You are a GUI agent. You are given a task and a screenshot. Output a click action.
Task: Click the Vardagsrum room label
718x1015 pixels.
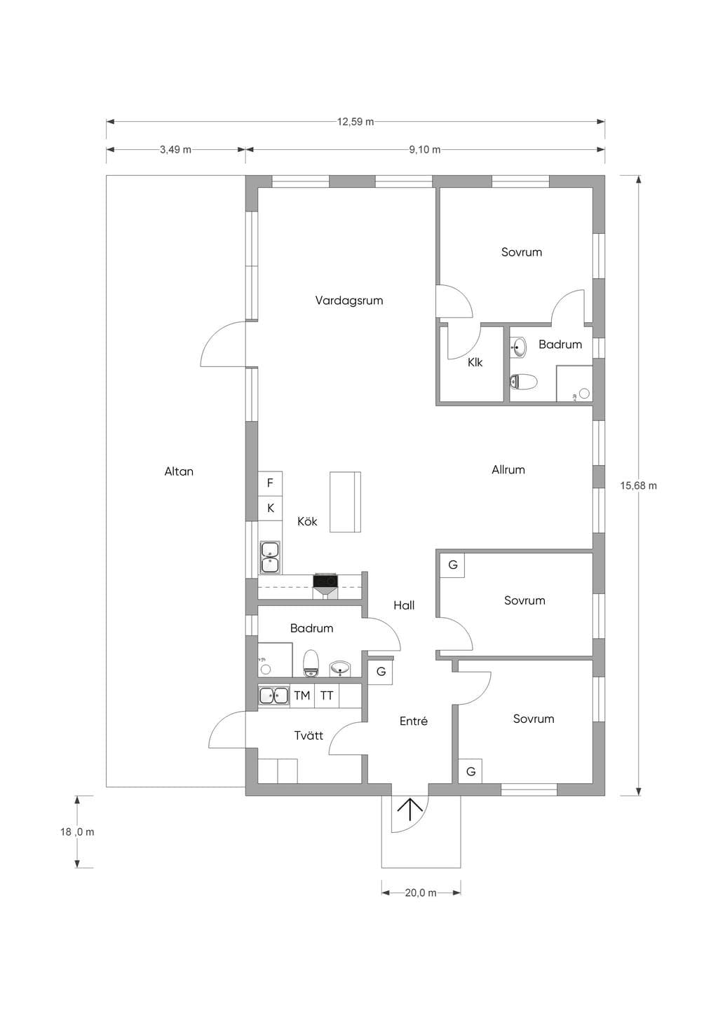(x=348, y=301)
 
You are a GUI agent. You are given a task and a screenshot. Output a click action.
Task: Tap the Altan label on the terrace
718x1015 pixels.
(x=179, y=471)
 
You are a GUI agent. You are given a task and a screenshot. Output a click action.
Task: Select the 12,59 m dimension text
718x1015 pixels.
(x=355, y=122)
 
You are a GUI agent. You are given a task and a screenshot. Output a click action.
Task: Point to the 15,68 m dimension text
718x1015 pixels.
(x=639, y=485)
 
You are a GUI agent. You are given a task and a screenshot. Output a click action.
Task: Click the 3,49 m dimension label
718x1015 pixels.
(x=175, y=150)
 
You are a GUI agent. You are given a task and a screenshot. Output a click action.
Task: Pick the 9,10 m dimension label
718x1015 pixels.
(x=424, y=150)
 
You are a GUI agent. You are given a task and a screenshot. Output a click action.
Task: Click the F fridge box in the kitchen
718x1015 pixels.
(x=271, y=483)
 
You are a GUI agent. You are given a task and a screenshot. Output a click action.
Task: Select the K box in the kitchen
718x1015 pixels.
(x=271, y=509)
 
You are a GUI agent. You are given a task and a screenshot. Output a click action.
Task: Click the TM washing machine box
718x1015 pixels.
(x=302, y=696)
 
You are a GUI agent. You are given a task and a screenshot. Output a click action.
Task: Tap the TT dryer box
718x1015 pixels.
(x=327, y=696)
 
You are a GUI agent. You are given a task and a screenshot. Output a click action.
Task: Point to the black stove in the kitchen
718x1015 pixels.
(x=325, y=581)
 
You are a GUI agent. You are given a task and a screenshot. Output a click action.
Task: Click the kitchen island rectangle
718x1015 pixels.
(x=345, y=502)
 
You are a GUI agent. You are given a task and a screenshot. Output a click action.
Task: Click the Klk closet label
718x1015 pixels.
(x=475, y=363)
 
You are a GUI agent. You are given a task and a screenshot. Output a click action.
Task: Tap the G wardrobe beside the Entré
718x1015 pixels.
(x=381, y=672)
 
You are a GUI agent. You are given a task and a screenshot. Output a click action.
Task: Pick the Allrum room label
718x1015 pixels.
(x=508, y=470)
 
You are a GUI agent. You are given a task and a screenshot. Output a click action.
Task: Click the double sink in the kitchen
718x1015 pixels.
(x=270, y=558)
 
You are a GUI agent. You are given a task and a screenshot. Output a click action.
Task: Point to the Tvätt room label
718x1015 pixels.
(x=309, y=736)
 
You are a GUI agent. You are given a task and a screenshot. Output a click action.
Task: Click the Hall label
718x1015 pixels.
(x=404, y=605)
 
